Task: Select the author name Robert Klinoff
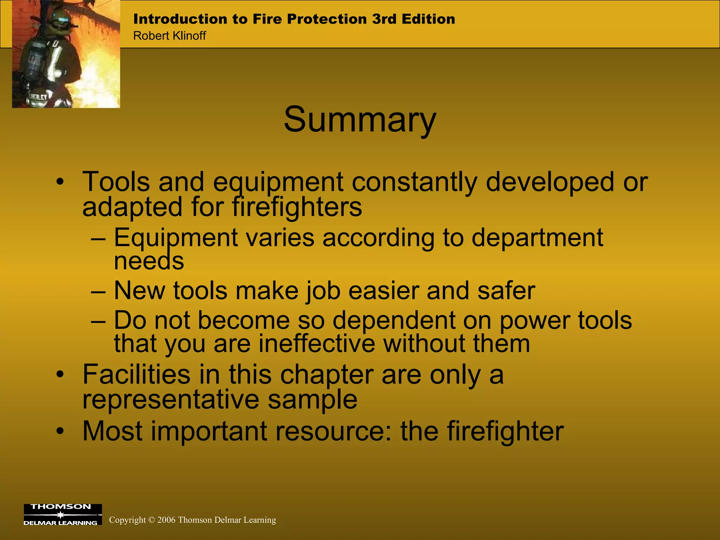[169, 36]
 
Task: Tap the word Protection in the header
[327, 19]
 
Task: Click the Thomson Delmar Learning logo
[63, 514]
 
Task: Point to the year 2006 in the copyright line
[166, 520]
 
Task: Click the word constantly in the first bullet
[414, 182]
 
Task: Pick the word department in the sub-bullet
[537, 238]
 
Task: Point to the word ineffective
[317, 343]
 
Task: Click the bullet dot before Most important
[60, 431]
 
